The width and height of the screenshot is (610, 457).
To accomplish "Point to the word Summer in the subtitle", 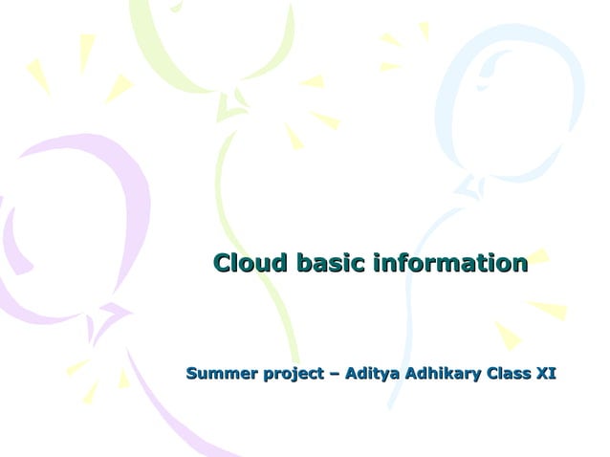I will tap(217, 373).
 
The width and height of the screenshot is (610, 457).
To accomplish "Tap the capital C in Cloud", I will tap(222, 263).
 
